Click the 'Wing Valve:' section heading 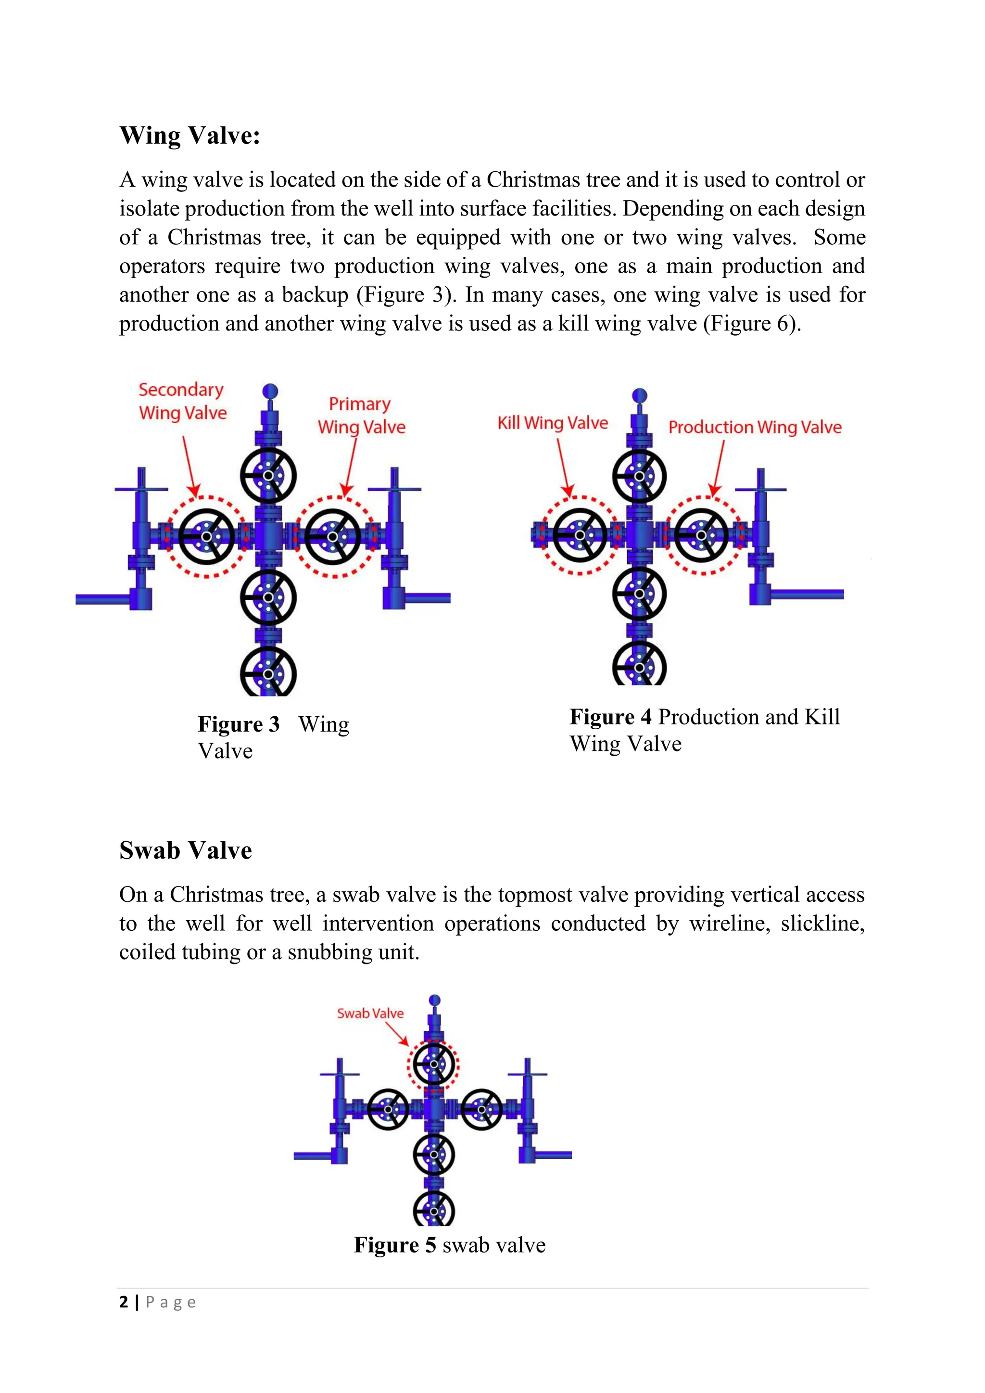(x=190, y=135)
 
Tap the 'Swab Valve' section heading (x=185, y=850)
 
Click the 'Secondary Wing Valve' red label (x=182, y=401)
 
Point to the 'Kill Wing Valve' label (x=553, y=423)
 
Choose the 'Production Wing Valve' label (x=755, y=427)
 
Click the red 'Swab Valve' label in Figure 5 (x=370, y=1013)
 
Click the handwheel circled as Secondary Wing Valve (x=207, y=537)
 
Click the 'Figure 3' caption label (x=239, y=724)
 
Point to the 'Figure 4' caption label (x=610, y=717)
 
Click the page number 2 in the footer (x=124, y=1302)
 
